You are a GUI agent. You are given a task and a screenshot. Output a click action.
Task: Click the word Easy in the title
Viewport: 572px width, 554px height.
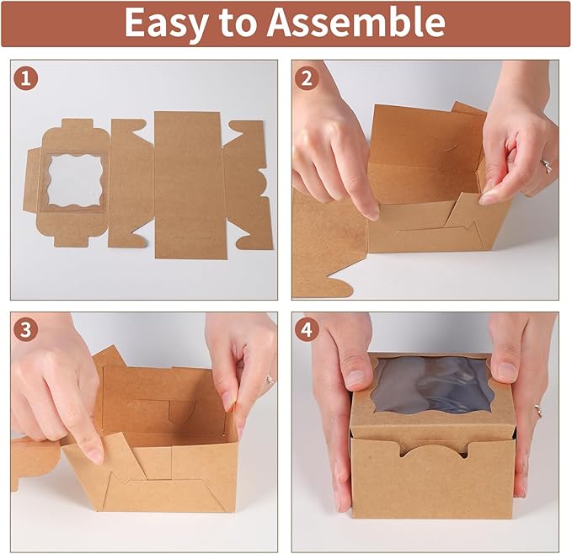[166, 24]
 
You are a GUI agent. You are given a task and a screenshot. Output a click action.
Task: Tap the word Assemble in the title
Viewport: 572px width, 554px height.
[356, 22]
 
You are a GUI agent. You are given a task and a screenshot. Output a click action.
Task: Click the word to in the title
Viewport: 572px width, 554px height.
[237, 24]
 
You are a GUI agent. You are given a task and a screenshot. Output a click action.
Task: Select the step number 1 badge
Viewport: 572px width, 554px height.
[26, 78]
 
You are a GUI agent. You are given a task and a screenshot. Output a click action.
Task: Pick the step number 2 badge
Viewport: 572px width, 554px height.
[307, 78]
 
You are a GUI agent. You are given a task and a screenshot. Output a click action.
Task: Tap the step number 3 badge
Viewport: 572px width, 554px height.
[26, 330]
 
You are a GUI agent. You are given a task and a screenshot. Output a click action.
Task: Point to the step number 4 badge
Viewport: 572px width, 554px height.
[307, 330]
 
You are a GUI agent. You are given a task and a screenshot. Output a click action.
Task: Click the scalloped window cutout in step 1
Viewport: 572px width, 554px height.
[76, 181]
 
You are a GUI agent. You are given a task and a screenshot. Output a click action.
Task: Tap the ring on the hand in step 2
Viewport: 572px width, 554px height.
[547, 165]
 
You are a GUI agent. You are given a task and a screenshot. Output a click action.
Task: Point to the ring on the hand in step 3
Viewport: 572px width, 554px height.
[270, 379]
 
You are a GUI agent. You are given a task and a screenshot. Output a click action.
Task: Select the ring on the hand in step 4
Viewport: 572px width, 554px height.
[538, 410]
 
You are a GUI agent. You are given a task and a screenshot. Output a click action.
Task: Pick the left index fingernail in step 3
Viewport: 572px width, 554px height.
[95, 455]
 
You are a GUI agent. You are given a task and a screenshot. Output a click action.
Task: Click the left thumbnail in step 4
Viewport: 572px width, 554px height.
[354, 378]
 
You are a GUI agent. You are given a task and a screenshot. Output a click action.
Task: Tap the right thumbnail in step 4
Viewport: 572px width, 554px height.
[507, 371]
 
